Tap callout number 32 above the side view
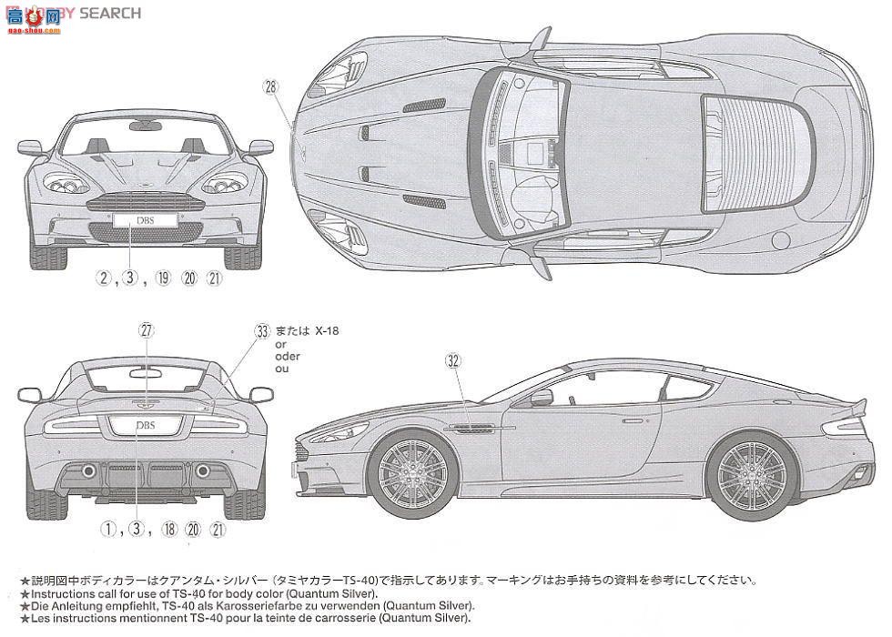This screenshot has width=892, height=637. [x=452, y=359]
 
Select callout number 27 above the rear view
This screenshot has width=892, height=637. [x=147, y=331]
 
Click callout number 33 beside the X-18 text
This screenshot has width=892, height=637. [x=263, y=331]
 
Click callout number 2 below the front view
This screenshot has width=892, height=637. [x=106, y=278]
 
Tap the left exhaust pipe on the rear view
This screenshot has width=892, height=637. [x=89, y=471]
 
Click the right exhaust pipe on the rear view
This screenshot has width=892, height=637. [x=201, y=471]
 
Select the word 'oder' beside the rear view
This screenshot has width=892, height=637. [x=287, y=358]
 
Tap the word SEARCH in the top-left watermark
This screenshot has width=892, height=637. [x=110, y=13]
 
